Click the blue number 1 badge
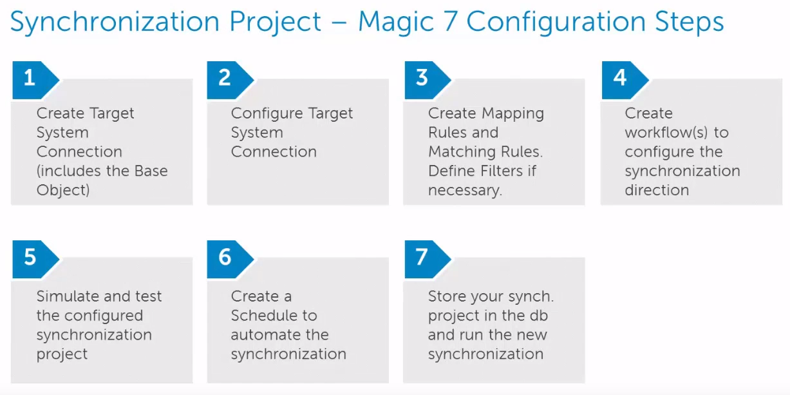(30, 79)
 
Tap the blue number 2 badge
(225, 79)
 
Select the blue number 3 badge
(422, 79)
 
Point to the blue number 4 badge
(619, 79)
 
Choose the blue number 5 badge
(30, 258)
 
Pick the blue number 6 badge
(225, 258)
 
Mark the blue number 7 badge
(422, 258)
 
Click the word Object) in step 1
(63, 191)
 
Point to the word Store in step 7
(447, 296)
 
